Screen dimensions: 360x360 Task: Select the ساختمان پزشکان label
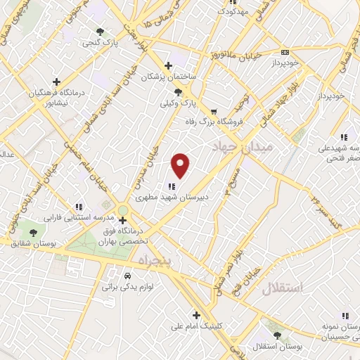tap(169, 77)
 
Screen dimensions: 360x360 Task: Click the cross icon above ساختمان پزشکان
tap(168, 66)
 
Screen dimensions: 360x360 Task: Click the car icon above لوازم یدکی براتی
tap(127, 276)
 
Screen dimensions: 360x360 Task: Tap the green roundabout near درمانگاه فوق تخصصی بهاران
tap(123, 211)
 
